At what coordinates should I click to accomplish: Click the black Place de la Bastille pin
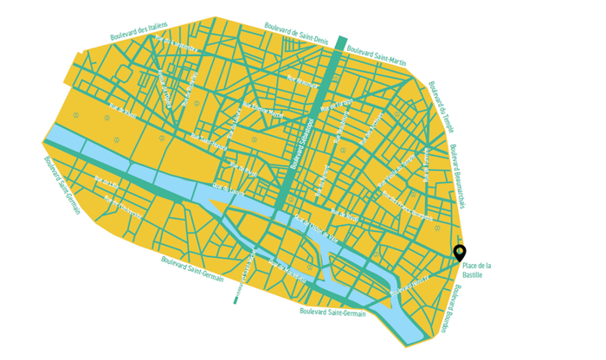point(460,252)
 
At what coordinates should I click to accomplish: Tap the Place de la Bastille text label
point(477,270)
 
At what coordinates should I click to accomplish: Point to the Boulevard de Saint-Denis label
point(296,33)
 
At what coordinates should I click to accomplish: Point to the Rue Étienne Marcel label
point(262,112)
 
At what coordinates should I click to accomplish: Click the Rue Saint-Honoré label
point(209,142)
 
